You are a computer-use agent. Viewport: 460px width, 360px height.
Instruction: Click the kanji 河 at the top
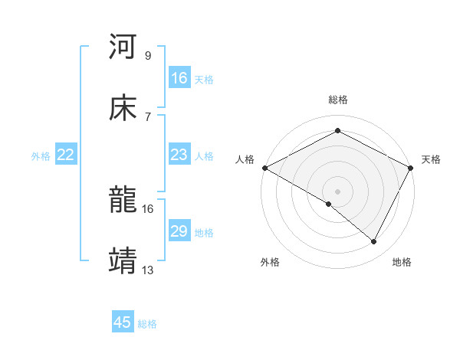point(123,47)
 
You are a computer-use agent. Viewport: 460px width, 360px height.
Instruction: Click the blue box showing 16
point(179,78)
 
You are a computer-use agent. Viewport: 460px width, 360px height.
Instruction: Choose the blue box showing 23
point(179,155)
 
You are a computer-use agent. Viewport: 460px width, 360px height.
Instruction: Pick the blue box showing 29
point(179,231)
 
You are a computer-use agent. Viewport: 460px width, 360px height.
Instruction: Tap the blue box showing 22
point(66,155)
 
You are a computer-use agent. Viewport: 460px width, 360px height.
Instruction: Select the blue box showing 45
point(123,322)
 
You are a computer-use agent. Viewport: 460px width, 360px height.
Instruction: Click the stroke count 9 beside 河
point(148,56)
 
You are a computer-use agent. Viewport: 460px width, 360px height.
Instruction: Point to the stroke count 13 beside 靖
point(148,270)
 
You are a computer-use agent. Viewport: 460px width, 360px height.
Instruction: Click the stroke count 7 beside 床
point(148,117)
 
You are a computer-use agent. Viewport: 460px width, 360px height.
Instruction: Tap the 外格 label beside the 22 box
point(41,156)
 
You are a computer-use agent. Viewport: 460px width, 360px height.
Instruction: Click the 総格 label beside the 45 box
point(147,324)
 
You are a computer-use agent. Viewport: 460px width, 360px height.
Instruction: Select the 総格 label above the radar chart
point(338,100)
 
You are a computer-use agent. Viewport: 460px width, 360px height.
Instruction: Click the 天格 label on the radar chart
point(431,159)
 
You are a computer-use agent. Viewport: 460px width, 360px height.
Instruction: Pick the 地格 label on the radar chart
point(402,262)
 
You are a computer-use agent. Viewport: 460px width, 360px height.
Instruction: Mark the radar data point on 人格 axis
point(264,168)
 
